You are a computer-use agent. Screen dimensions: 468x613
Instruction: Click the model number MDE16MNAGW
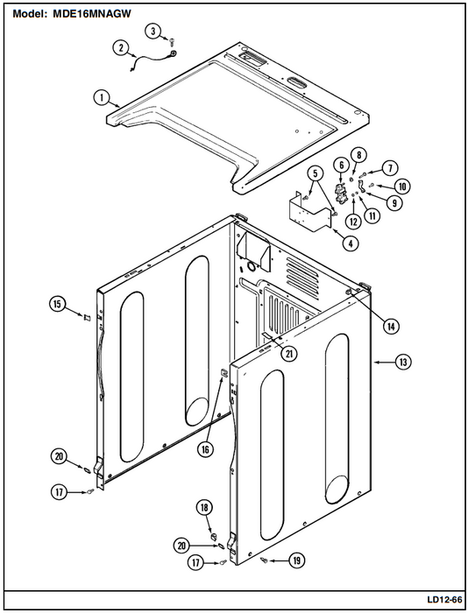click(91, 14)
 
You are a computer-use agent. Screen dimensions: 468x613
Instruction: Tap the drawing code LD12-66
click(444, 599)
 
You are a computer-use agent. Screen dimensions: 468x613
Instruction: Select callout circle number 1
click(103, 97)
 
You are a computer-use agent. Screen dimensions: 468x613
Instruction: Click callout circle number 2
click(121, 48)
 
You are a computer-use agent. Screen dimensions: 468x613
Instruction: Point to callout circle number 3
click(153, 31)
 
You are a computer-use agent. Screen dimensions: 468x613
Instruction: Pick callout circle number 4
click(351, 243)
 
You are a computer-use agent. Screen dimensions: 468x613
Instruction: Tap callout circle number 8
click(358, 155)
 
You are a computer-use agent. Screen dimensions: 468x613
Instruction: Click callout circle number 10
click(402, 186)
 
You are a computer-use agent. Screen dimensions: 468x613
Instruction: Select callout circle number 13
click(403, 362)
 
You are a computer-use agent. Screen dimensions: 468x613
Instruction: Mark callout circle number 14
click(391, 326)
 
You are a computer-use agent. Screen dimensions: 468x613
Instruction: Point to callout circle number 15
click(58, 304)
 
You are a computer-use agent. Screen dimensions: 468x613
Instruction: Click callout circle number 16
click(205, 449)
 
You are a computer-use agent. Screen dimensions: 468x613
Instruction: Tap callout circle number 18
click(204, 508)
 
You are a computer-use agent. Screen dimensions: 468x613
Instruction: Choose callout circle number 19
click(296, 561)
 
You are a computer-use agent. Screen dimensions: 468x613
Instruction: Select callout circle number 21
click(289, 354)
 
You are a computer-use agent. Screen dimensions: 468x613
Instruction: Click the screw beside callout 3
click(172, 39)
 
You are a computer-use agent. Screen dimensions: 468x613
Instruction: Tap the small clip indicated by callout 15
click(87, 317)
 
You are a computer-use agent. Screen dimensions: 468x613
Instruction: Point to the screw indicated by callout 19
click(264, 561)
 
